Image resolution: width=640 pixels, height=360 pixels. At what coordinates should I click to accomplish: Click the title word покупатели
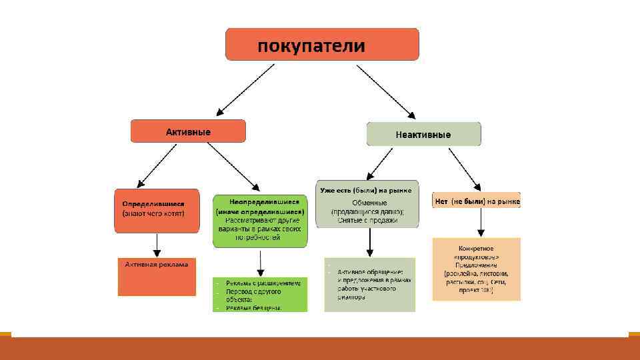coord(311,46)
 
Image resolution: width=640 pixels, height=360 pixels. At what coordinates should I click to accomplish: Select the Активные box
coord(188,131)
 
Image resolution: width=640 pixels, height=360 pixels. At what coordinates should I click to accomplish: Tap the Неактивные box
coord(423,134)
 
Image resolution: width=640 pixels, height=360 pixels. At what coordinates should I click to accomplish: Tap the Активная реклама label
coord(157,264)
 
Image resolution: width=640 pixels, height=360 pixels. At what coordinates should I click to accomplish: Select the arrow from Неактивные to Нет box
coord(465,170)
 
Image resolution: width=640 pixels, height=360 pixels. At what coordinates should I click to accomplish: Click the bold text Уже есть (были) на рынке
coord(366,190)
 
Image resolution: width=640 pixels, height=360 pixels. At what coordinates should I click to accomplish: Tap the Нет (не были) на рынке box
coord(477,201)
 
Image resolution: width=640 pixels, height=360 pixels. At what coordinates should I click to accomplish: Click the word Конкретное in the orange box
coord(475,248)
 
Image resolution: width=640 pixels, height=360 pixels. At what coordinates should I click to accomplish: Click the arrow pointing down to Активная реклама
coord(156,245)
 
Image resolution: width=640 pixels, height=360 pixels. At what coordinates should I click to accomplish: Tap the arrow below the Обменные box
coord(369,241)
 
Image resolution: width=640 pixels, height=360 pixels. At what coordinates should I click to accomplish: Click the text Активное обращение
coord(370,272)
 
